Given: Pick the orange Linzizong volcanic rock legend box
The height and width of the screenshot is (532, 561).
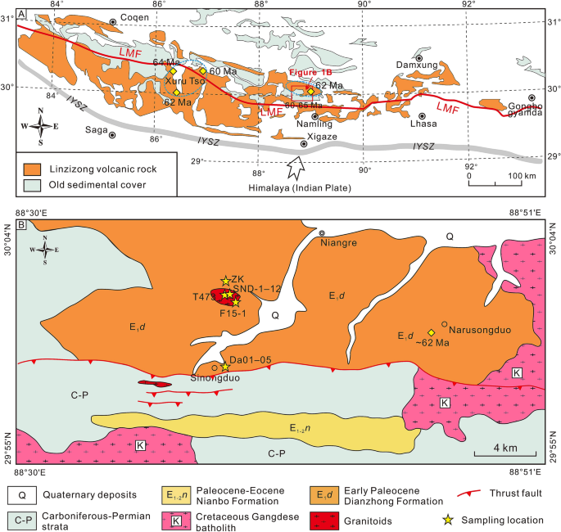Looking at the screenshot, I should [30, 169].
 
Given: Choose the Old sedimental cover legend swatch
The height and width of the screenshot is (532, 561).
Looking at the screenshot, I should [30, 183].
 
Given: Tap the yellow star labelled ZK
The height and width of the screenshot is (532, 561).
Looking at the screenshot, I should [225, 281].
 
